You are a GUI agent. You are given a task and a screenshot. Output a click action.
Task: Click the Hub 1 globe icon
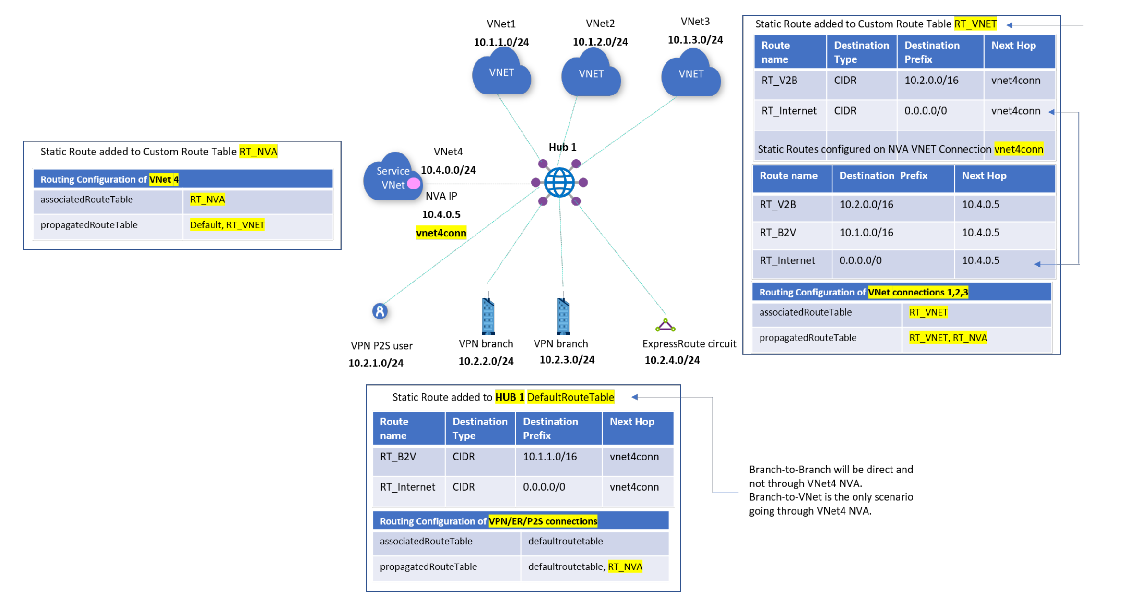pyautogui.click(x=559, y=183)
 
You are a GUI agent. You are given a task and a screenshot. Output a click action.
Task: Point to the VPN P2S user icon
pyautogui.click(x=380, y=311)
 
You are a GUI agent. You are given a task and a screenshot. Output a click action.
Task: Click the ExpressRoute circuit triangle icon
pyautogui.click(x=665, y=326)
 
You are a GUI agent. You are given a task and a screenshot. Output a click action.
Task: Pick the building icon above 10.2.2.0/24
pyautogui.click(x=487, y=316)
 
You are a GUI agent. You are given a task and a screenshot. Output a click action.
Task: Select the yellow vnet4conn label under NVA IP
pyautogui.click(x=441, y=233)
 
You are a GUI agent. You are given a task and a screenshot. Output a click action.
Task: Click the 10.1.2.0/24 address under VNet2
pyautogui.click(x=600, y=42)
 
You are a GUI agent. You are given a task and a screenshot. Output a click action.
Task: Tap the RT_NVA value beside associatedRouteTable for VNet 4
pyautogui.click(x=207, y=200)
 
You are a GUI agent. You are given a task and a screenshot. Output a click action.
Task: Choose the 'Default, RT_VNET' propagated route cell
pyautogui.click(x=227, y=225)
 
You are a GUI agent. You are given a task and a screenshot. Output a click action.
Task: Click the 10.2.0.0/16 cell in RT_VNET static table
pyautogui.click(x=931, y=81)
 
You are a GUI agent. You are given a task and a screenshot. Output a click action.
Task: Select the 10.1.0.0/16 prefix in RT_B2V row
pyautogui.click(x=866, y=233)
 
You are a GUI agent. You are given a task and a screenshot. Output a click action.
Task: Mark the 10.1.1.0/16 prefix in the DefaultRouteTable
pyautogui.click(x=549, y=457)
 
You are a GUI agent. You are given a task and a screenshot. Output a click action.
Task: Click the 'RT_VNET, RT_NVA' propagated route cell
pyautogui.click(x=948, y=338)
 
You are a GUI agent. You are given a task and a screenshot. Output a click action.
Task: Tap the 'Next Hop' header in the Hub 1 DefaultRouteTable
pyautogui.click(x=631, y=422)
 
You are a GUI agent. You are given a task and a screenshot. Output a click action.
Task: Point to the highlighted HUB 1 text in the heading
pyautogui.click(x=509, y=397)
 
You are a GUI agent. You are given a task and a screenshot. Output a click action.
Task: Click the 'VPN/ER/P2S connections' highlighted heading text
pyautogui.click(x=543, y=521)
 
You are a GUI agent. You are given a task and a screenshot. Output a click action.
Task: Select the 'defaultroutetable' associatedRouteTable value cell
pyautogui.click(x=565, y=542)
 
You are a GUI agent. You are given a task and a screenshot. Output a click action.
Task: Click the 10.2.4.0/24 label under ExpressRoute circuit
pyautogui.click(x=672, y=360)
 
